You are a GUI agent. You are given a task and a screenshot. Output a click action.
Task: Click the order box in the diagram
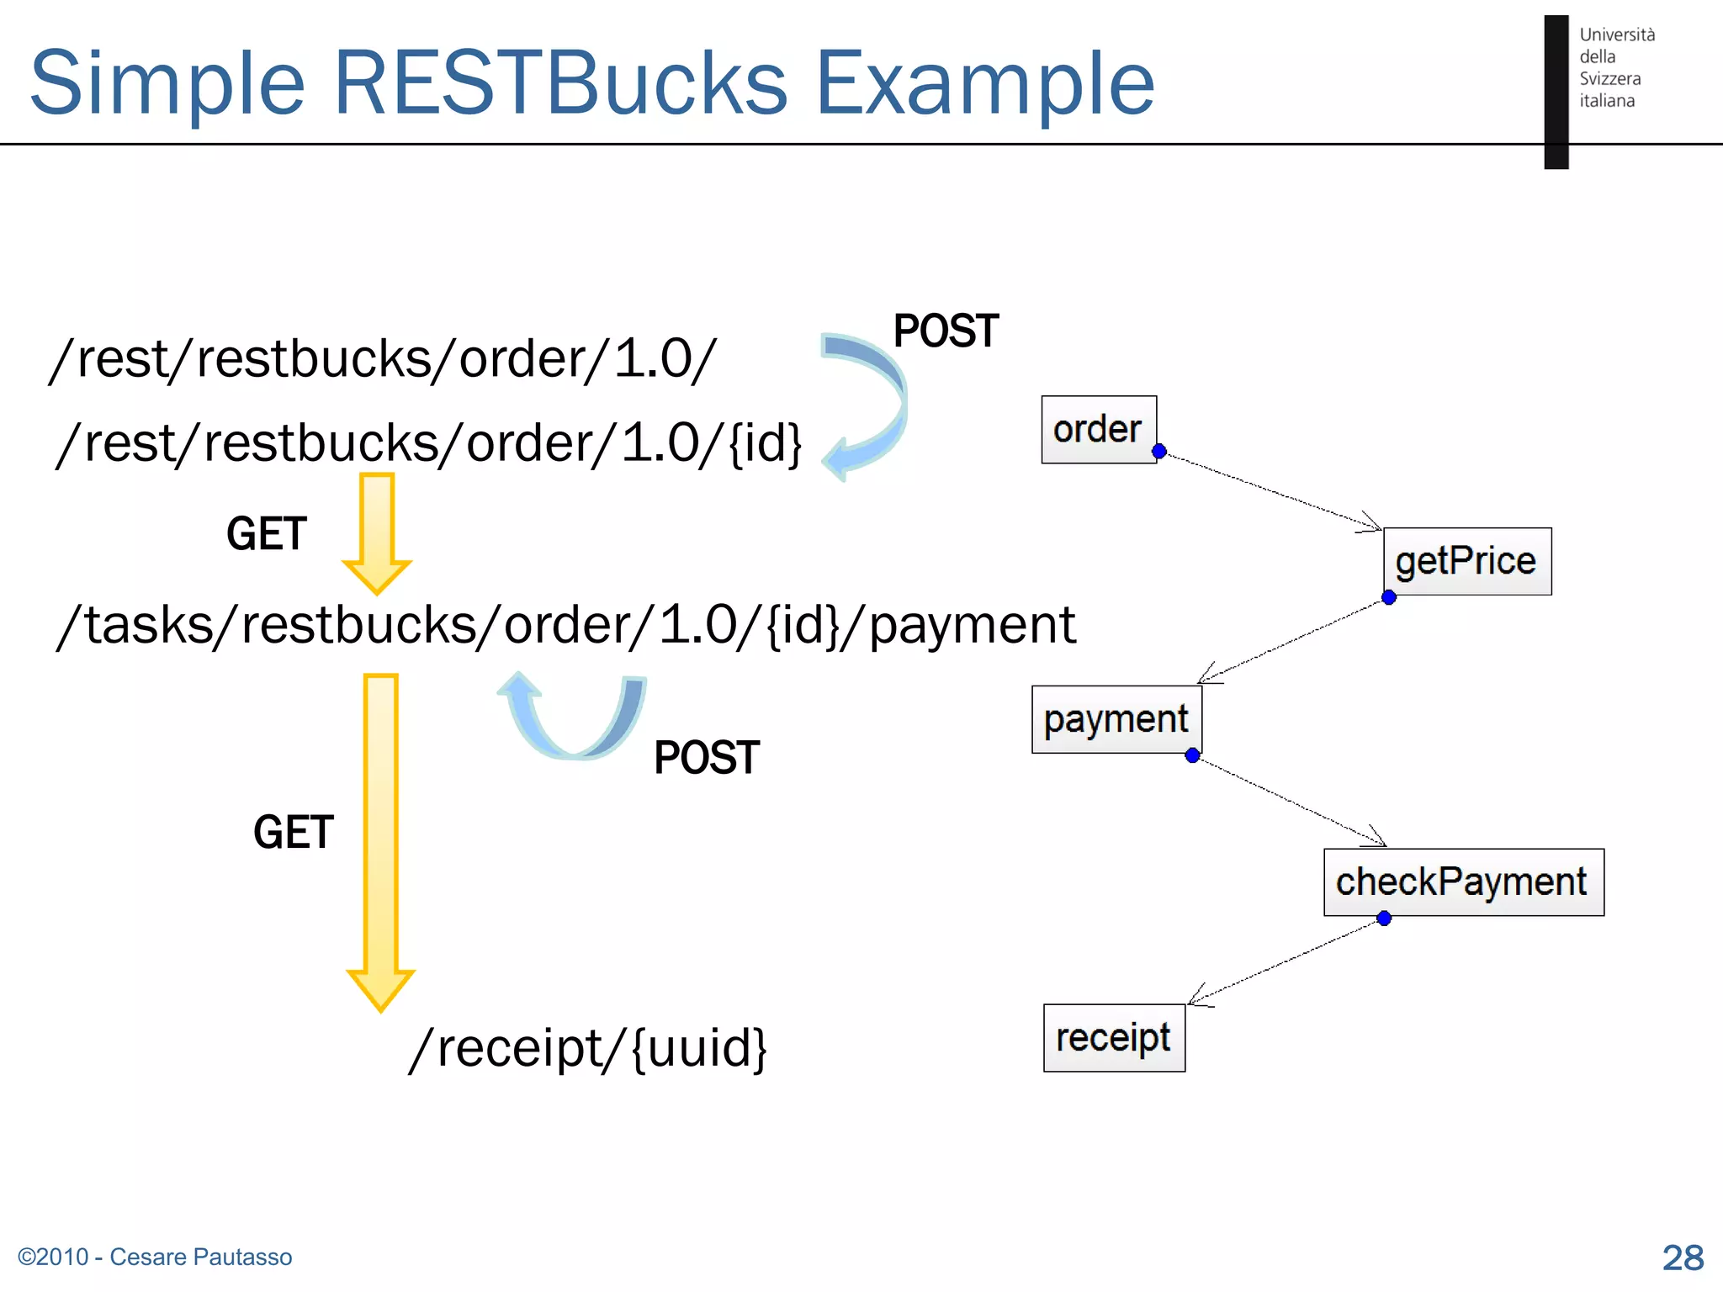(1098, 429)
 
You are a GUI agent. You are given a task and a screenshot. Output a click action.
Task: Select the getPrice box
(1466, 561)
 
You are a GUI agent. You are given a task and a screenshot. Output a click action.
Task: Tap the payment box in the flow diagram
(1116, 719)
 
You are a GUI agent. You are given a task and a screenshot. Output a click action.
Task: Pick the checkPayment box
(1462, 882)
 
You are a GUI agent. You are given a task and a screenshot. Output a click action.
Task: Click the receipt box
(1113, 1037)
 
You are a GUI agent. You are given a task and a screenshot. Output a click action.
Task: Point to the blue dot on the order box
(1158, 451)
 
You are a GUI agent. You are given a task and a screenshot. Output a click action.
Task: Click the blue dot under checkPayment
(1384, 918)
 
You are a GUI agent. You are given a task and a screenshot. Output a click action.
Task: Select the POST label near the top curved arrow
(946, 331)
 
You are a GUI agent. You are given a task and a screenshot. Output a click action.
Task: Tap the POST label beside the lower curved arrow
(707, 757)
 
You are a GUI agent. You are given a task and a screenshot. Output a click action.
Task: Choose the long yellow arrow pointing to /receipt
(381, 841)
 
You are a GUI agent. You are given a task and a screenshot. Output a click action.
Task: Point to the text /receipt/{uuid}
(587, 1048)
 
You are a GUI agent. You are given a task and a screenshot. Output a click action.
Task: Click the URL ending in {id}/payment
(565, 625)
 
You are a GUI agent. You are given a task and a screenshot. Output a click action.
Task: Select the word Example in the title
(985, 82)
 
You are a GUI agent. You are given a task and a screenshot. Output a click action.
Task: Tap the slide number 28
(1683, 1258)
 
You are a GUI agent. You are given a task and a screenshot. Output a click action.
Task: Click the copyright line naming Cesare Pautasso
(155, 1257)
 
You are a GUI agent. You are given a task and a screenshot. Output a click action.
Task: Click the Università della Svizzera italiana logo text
(1615, 67)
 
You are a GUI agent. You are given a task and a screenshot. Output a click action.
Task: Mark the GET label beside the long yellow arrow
(294, 832)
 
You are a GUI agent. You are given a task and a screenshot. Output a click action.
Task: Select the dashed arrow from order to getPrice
(1270, 491)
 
